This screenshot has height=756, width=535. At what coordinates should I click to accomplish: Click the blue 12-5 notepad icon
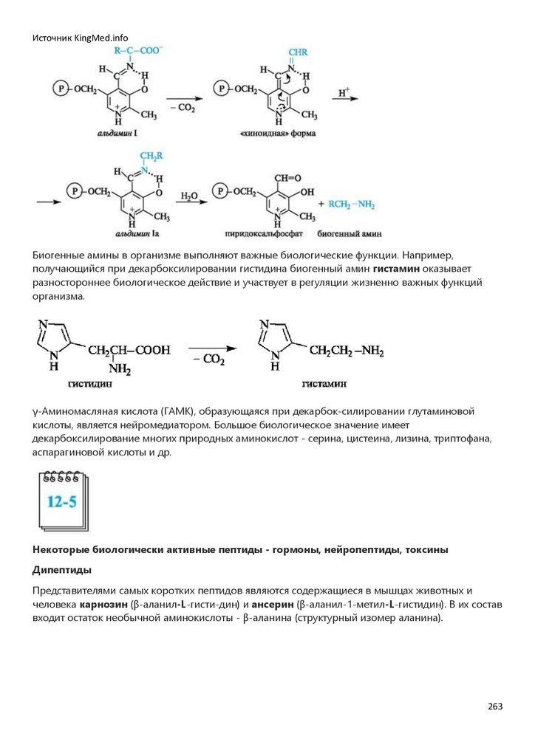(x=62, y=501)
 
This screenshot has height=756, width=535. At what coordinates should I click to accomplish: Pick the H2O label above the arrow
(x=189, y=195)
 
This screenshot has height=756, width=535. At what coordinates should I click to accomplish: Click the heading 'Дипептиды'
(x=62, y=570)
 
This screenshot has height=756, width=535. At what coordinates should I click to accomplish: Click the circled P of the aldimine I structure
(x=61, y=89)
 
